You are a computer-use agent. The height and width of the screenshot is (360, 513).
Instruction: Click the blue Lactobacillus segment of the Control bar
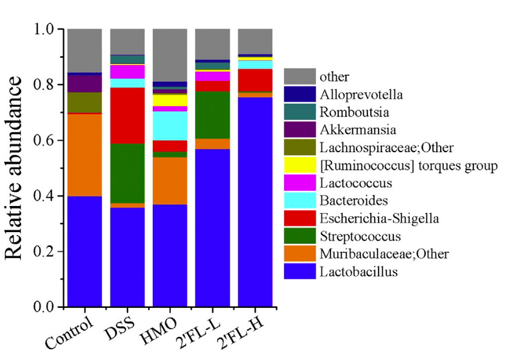85,252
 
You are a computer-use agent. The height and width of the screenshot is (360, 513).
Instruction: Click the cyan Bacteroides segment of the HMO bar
170,126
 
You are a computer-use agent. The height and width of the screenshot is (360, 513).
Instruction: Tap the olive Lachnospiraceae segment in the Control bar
85,102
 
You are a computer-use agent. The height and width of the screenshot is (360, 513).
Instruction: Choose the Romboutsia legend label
347,111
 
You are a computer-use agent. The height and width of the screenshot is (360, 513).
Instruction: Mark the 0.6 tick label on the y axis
43,140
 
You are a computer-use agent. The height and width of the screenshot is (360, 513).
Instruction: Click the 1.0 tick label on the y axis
43,29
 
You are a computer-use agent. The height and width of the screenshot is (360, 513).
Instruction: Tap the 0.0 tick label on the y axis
43,307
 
